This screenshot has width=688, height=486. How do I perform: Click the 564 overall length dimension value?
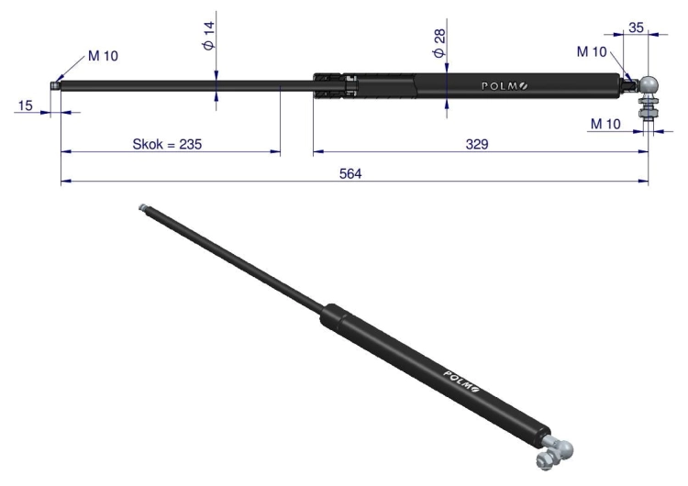(x=350, y=174)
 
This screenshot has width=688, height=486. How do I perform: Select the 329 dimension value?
(x=477, y=144)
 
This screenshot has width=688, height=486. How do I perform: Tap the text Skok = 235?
(x=167, y=144)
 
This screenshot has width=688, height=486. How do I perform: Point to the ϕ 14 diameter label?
(x=209, y=36)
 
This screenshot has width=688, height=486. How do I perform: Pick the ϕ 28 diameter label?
(x=439, y=43)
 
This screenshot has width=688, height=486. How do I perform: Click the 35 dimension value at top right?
(x=636, y=28)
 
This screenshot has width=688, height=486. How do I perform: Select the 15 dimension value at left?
(x=25, y=105)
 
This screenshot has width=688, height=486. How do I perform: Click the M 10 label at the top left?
(x=103, y=56)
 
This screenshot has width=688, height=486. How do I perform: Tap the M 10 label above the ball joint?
(x=592, y=51)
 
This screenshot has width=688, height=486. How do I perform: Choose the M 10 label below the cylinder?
(x=605, y=124)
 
